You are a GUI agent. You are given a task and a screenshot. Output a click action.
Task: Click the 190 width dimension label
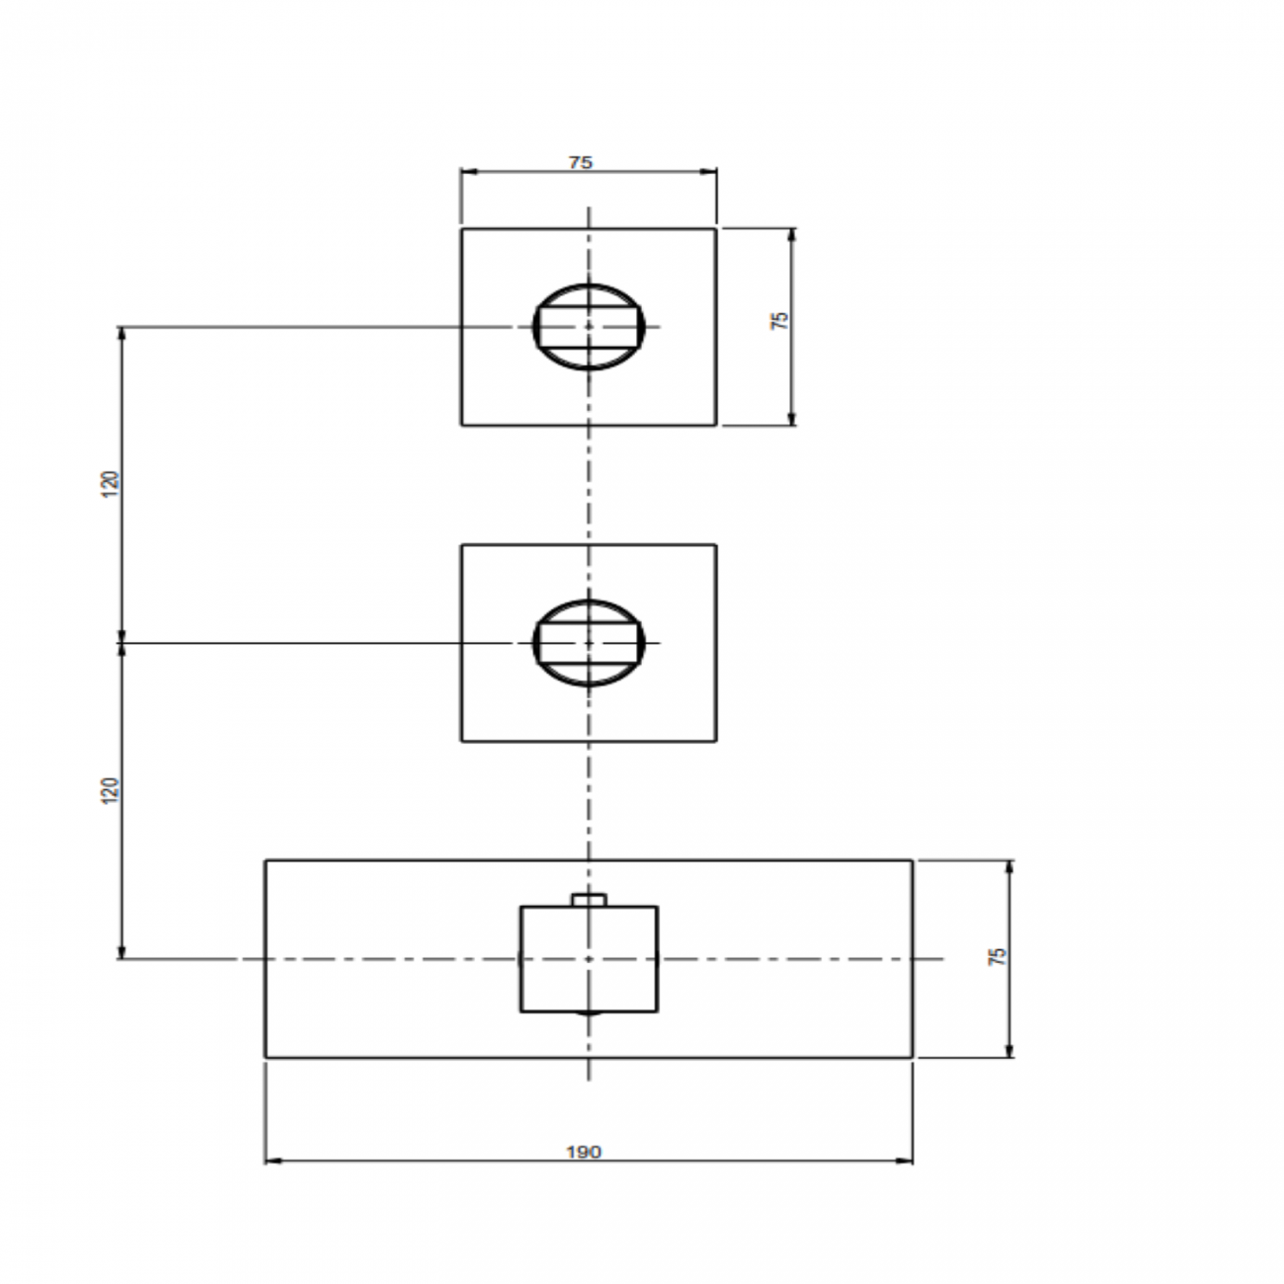click(x=584, y=1152)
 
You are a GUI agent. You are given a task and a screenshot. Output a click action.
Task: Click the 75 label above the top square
click(x=581, y=163)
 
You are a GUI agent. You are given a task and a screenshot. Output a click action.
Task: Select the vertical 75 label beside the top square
click(x=780, y=320)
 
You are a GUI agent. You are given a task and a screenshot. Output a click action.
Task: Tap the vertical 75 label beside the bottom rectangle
click(x=998, y=956)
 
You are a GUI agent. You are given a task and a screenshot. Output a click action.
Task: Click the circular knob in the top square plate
click(x=589, y=327)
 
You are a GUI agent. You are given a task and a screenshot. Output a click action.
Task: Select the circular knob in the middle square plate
click(x=589, y=643)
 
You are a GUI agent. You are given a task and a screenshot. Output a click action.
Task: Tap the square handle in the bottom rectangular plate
click(x=589, y=959)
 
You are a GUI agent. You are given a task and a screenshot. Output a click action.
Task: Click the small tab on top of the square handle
click(x=589, y=899)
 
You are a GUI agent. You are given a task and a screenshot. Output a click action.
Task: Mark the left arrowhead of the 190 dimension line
click(x=272, y=1162)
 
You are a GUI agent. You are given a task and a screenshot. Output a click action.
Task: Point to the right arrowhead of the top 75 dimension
click(x=711, y=171)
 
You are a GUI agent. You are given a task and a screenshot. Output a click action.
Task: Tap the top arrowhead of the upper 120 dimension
click(x=121, y=333)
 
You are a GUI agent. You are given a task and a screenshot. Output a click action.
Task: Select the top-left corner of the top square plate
click(x=461, y=229)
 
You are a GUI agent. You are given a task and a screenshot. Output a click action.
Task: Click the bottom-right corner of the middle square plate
click(x=716, y=741)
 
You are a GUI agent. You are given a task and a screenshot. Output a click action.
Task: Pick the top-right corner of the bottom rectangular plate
click(x=913, y=860)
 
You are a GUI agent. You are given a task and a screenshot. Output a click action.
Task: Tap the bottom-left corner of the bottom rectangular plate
click(x=265, y=1058)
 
